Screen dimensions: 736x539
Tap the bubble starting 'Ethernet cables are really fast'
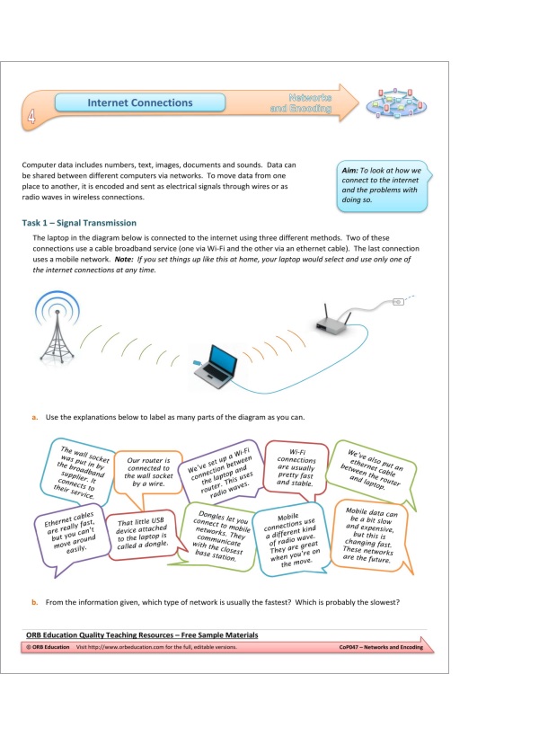pyautogui.click(x=66, y=537)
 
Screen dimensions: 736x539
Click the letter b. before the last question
pyautogui.click(x=34, y=600)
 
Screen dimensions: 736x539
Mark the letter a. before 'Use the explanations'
pyautogui.click(x=34, y=417)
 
